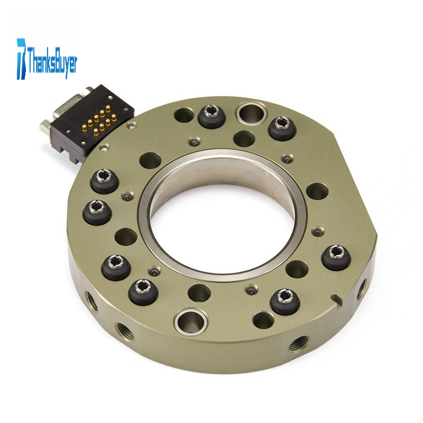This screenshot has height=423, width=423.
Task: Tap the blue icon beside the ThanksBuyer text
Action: coord(21,59)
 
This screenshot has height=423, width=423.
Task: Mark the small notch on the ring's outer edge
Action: coord(336,298)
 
